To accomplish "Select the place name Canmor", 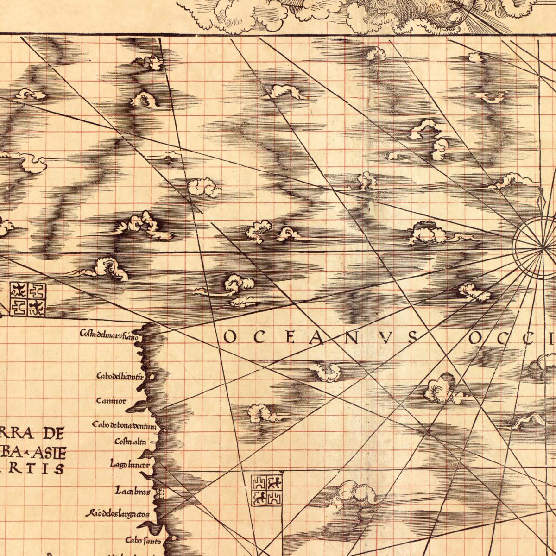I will click(111, 401).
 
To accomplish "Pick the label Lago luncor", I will click(130, 463).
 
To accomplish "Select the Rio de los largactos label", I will click(117, 514).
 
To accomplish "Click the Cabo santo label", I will click(143, 541).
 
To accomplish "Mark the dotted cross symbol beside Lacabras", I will click(161, 494).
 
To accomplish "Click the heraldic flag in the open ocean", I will click(266, 490).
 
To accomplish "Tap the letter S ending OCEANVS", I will click(412, 338).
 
